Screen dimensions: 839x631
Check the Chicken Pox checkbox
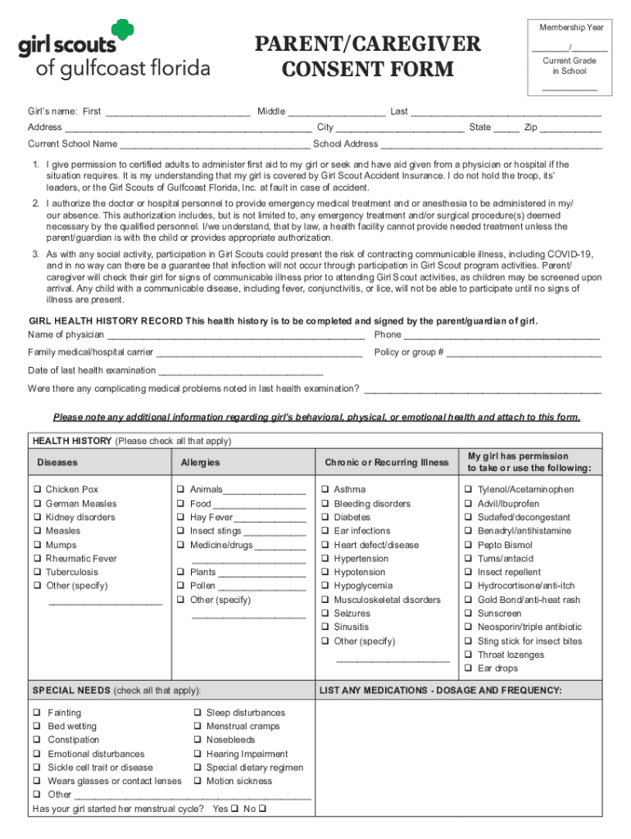(x=37, y=490)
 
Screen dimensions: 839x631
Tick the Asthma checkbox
(x=325, y=490)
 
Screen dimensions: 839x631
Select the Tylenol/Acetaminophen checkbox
(x=469, y=490)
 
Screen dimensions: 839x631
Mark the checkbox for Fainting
(x=37, y=714)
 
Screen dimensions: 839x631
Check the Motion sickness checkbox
(x=197, y=782)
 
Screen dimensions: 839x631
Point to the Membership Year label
(x=571, y=28)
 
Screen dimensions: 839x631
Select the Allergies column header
(x=200, y=463)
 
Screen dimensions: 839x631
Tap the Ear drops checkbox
(x=469, y=669)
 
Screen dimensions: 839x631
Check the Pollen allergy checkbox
(x=180, y=586)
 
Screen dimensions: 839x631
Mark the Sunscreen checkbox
(x=469, y=614)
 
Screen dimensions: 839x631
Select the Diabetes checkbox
(x=325, y=518)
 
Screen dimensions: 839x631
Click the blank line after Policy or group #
(x=524, y=355)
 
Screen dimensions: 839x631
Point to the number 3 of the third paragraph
(x=35, y=255)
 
